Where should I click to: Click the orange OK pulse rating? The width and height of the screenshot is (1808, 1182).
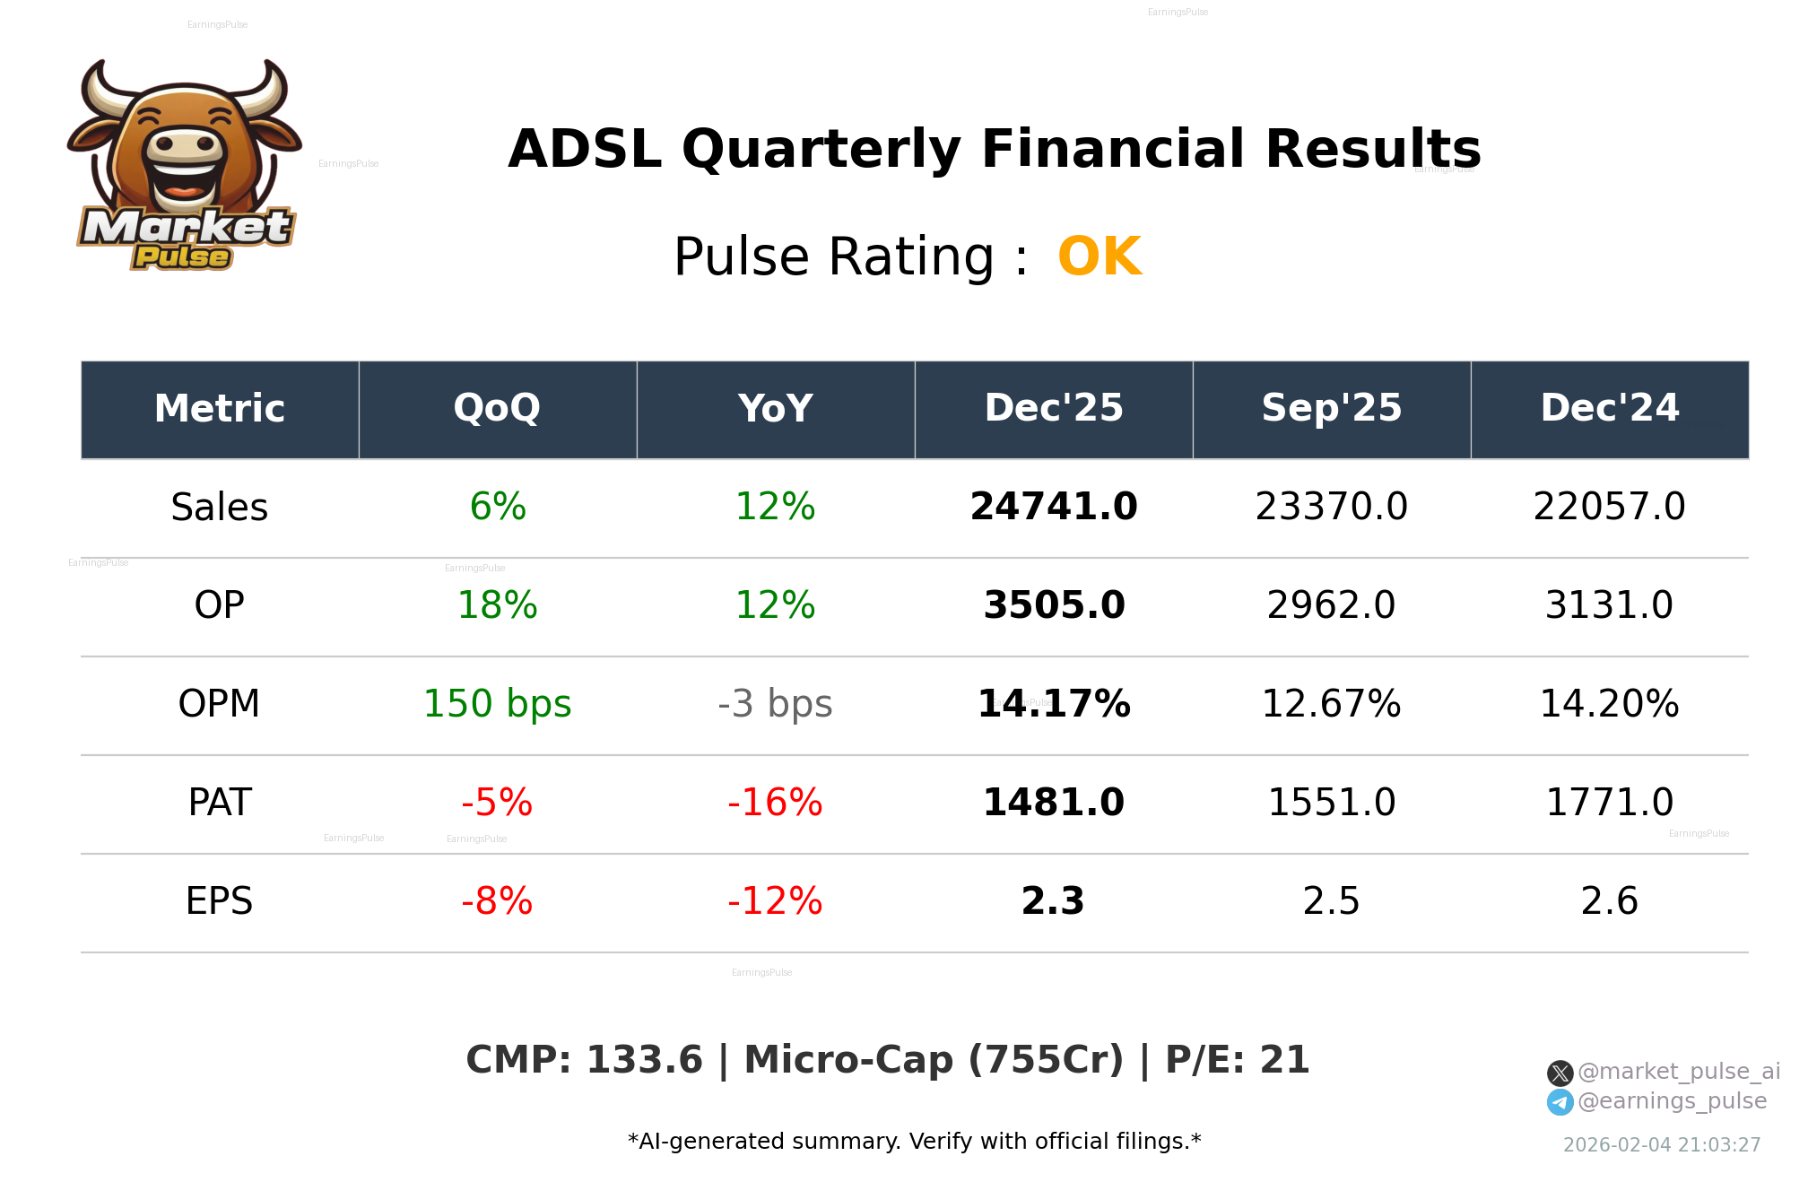tap(1099, 256)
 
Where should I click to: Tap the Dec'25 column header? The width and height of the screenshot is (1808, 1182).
tap(1053, 409)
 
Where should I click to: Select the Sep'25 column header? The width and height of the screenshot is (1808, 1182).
tap(1331, 409)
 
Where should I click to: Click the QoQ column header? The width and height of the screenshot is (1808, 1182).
tap(497, 409)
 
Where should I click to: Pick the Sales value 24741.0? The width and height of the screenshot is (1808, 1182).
tap(1053, 507)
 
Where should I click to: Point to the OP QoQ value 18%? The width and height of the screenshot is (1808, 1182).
tap(497, 605)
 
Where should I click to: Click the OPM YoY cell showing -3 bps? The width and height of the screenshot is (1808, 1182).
tap(775, 704)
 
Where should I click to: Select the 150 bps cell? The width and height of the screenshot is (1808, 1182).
tap(497, 704)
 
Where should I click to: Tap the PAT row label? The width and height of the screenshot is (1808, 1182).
tap(220, 803)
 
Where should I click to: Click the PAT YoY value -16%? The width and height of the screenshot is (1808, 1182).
tap(775, 803)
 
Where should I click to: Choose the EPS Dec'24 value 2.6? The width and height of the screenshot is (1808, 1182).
tap(1609, 901)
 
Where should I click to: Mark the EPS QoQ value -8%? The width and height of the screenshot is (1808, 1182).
tap(497, 901)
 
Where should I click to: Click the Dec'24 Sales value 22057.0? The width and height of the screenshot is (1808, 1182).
tap(1609, 507)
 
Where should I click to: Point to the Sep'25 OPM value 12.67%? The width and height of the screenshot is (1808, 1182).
tap(1331, 704)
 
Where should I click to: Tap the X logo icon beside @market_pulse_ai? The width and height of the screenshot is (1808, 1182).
tap(1560, 1073)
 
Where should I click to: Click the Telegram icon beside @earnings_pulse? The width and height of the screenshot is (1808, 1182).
tap(1560, 1102)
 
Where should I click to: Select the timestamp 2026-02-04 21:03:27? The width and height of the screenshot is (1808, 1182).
tap(1661, 1145)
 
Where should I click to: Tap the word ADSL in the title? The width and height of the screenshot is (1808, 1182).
tap(585, 149)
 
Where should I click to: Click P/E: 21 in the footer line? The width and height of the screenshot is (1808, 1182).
tap(1237, 1060)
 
